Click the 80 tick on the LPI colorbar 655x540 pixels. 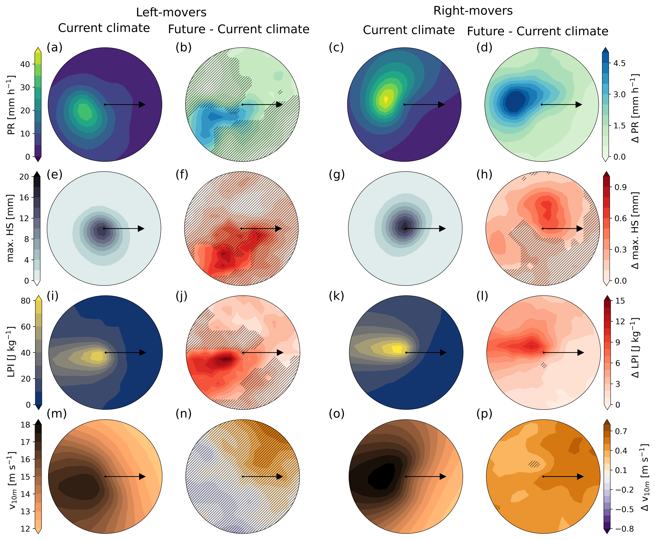[x=25, y=301]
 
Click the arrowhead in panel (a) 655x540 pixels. [x=142, y=105]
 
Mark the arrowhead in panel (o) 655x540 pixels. [x=443, y=477]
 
